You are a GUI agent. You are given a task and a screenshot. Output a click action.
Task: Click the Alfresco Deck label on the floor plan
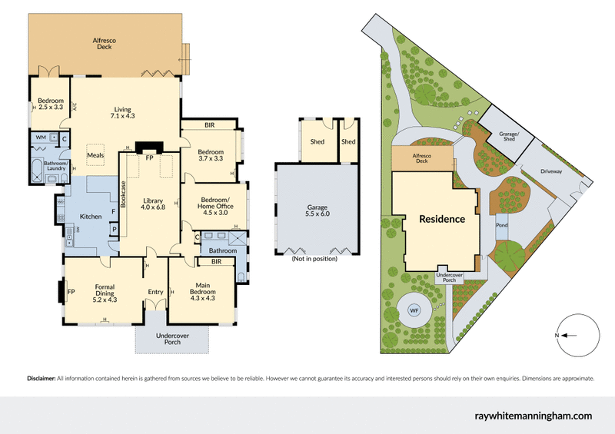click(105, 43)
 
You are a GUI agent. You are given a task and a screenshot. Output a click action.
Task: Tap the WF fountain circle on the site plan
click(414, 310)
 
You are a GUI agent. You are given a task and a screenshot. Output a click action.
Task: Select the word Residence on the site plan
click(441, 219)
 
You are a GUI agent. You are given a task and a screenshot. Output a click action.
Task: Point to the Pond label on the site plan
click(502, 226)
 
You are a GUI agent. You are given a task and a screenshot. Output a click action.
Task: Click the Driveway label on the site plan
click(552, 171)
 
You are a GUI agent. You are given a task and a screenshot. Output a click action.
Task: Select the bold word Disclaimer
click(41, 379)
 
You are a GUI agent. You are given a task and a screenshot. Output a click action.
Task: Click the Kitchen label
click(91, 217)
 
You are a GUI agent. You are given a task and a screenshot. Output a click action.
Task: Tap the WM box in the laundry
click(41, 137)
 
